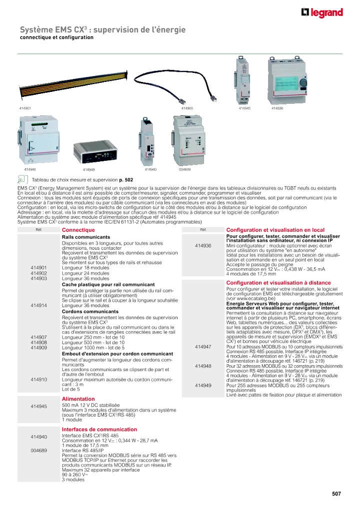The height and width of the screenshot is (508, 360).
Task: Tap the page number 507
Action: click(x=336, y=494)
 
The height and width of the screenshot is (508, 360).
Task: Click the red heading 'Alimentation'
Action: click(x=78, y=399)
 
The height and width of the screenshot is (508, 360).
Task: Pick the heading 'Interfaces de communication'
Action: click(x=99, y=429)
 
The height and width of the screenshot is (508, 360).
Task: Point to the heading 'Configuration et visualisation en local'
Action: click(x=275, y=230)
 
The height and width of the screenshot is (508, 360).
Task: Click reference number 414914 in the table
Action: click(x=38, y=305)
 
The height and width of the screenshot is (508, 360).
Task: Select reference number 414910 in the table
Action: click(x=38, y=380)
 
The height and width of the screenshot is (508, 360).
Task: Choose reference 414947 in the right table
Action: click(x=202, y=346)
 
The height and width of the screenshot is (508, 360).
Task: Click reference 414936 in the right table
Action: click(x=202, y=246)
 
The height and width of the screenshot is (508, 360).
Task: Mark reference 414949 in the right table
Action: click(x=202, y=385)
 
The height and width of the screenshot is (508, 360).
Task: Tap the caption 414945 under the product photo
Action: click(x=244, y=108)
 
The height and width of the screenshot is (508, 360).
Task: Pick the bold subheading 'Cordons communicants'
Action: click(x=90, y=311)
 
